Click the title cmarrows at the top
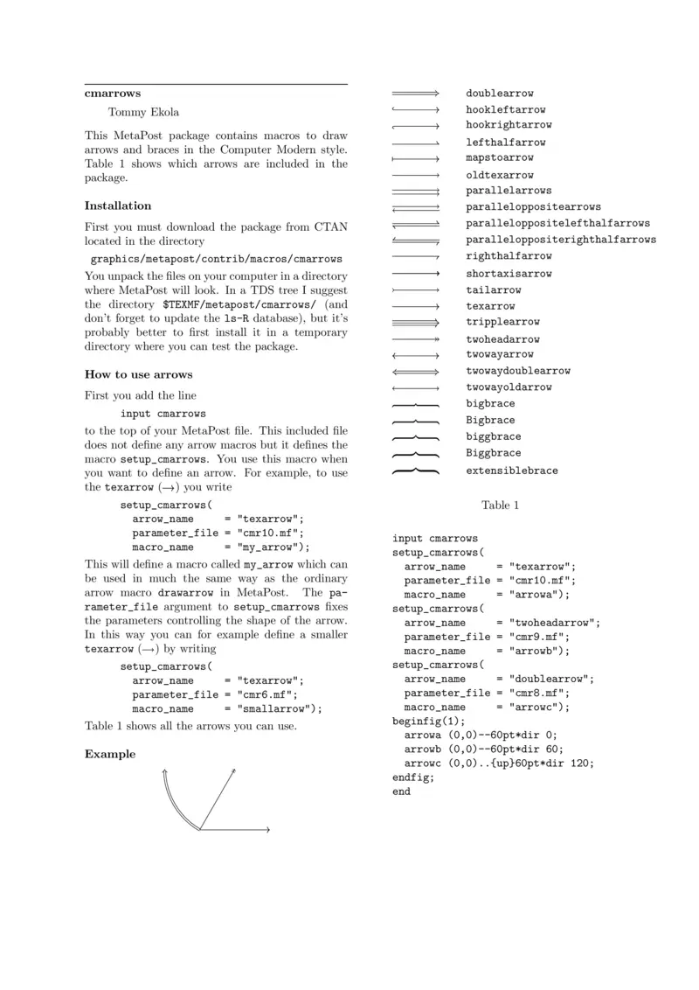pyautogui.click(x=113, y=93)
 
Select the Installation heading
pyautogui.click(x=118, y=206)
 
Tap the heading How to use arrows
pyautogui.click(x=138, y=375)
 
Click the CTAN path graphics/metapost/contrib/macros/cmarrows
pyautogui.click(x=217, y=260)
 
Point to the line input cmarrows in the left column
pyautogui.click(x=163, y=414)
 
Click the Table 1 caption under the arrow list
pyautogui.click(x=501, y=505)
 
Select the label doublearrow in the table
pyautogui.click(x=499, y=94)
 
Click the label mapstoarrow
pyautogui.click(x=499, y=158)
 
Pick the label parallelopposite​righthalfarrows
pyautogui.click(x=560, y=240)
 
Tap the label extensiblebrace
pyautogui.click(x=511, y=471)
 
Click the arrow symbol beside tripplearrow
pyautogui.click(x=415, y=322)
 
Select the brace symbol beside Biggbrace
pyautogui.click(x=415, y=454)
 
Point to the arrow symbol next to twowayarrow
pyautogui.click(x=415, y=355)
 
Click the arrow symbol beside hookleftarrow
pyautogui.click(x=415, y=110)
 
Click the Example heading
pyautogui.click(x=110, y=754)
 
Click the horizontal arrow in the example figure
pyautogui.click(x=236, y=829)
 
